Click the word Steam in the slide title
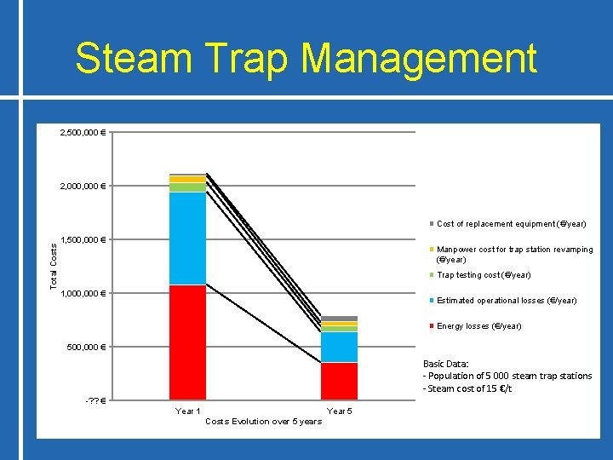129,59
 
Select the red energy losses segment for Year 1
187,341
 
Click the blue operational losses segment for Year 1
187,239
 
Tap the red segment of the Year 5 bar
339,381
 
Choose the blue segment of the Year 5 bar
339,347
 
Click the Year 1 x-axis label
187,411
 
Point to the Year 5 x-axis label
339,411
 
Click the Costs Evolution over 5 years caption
264,422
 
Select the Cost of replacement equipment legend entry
511,224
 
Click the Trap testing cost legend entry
483,275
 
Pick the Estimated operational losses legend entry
506,301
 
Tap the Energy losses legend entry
478,326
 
